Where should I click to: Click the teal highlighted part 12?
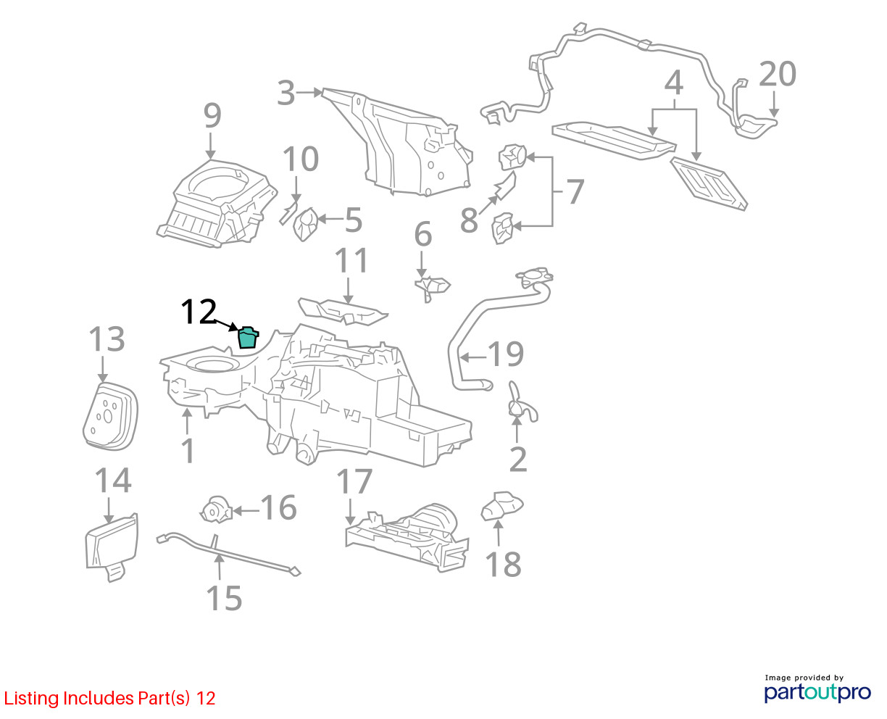coord(248,338)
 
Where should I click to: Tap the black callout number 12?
coord(199,312)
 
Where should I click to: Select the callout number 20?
coord(778,74)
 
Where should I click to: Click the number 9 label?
coord(212,116)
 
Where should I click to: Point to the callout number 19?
coord(505,354)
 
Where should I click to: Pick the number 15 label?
coord(224,598)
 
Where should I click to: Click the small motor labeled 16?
coord(215,510)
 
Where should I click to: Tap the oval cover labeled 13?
coord(110,416)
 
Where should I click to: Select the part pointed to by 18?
coord(501,506)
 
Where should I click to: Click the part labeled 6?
coord(432,288)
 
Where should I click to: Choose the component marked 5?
coord(306,225)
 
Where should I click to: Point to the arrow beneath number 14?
coord(109,510)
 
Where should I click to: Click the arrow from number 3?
coord(309,93)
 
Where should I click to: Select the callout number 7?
coord(575,191)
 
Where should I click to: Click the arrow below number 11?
coord(348,291)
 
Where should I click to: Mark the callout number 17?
coord(354,481)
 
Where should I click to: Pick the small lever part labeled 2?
coord(522,403)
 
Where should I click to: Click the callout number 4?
coord(673,83)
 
